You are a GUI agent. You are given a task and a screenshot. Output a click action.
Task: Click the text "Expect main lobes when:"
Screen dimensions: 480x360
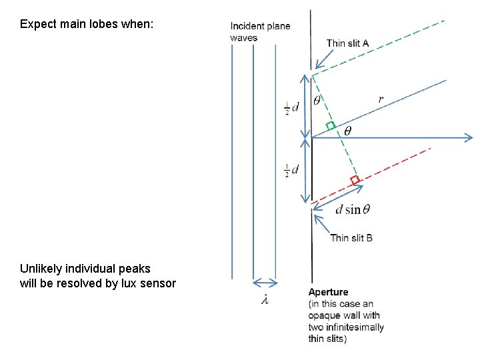[87, 24]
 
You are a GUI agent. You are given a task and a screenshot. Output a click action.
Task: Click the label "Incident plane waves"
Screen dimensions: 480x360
[260, 32]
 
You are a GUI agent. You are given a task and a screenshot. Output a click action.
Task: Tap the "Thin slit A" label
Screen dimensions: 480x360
[347, 44]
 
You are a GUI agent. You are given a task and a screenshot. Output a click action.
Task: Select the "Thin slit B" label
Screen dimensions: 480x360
[351, 237]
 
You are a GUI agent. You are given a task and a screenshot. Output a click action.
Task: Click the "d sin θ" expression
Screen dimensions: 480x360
[353, 209]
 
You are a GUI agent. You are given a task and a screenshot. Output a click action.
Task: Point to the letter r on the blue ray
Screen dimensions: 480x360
[381, 99]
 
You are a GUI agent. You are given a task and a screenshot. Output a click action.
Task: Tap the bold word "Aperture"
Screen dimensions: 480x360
[328, 292]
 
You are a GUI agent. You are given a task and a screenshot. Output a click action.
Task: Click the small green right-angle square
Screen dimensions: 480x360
[330, 125]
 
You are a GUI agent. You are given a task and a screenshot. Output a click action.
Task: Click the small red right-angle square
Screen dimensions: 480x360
[355, 180]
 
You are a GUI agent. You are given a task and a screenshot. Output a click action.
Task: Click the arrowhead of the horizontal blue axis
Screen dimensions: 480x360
[469, 138]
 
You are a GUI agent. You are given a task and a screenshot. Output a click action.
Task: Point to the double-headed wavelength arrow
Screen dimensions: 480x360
[265, 282]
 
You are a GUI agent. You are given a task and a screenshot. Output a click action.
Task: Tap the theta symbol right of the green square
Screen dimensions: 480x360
[346, 131]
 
